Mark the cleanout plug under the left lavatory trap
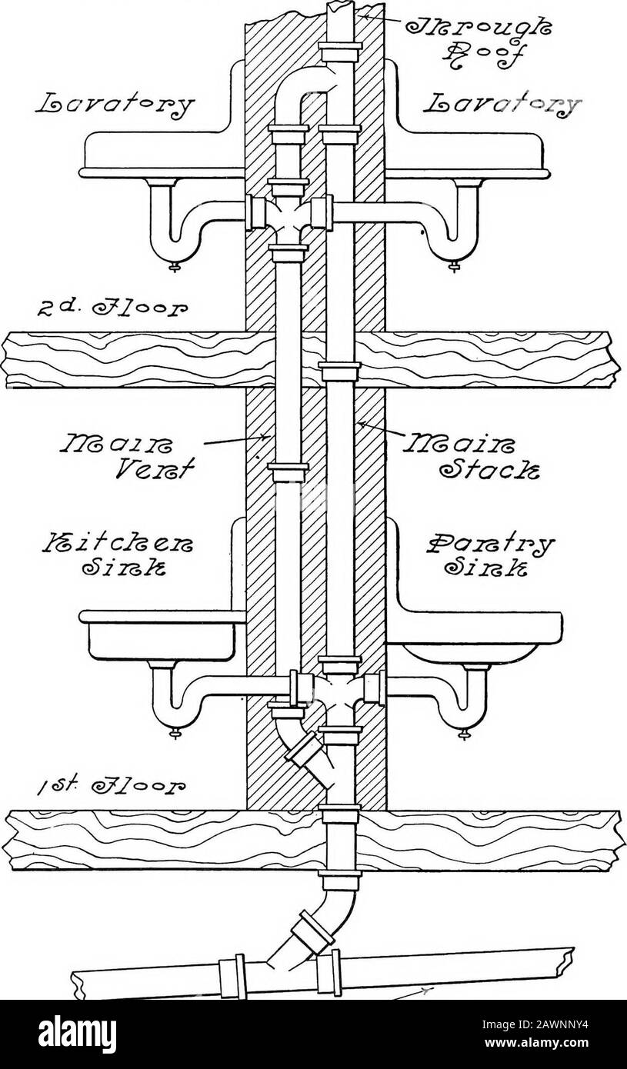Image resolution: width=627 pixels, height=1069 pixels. coord(174,268)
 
